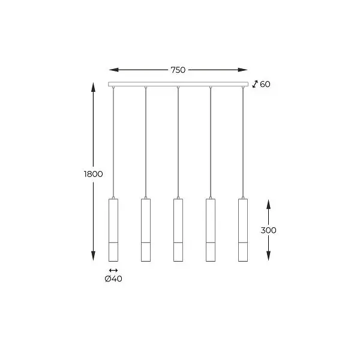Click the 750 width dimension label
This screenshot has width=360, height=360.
pos(178,70)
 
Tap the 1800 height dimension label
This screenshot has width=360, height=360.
pos(94,174)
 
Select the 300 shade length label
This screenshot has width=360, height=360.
pos(269,230)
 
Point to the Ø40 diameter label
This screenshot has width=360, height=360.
pos(113,278)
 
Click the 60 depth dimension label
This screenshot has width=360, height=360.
pos(265,85)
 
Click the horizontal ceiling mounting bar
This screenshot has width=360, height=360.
pos(178,84)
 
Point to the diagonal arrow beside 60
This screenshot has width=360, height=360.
pos(255,85)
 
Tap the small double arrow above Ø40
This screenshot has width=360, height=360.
pos(113,270)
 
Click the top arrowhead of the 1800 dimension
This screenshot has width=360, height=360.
pos(94,86)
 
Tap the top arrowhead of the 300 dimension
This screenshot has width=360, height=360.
pos(268,202)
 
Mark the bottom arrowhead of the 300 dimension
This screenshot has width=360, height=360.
pos(268,258)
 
